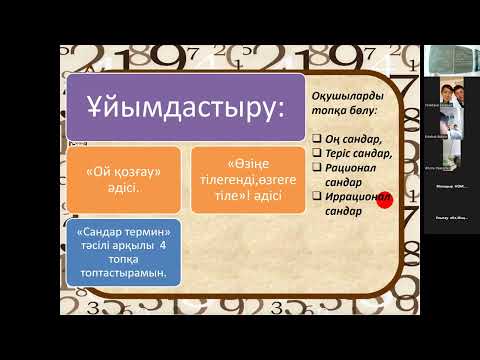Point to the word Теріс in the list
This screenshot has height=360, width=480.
click(338, 153)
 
